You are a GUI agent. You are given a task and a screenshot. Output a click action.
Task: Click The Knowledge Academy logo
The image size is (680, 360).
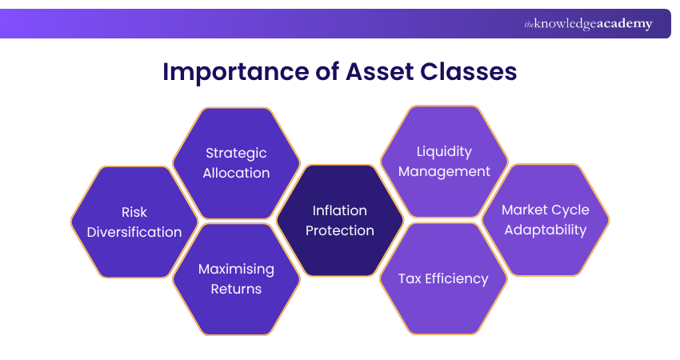coord(588,24)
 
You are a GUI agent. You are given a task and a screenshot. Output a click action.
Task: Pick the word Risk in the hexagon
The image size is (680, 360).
coord(134,212)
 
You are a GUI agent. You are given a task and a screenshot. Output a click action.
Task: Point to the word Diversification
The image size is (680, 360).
coord(134,232)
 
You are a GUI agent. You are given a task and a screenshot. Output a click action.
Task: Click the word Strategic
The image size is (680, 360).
coord(236,153)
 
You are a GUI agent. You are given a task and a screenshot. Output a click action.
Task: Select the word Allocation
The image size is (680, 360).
coord(236,173)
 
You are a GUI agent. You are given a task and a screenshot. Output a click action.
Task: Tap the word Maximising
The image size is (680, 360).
coord(236,269)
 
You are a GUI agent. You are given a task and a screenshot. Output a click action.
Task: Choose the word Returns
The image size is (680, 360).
coord(236,289)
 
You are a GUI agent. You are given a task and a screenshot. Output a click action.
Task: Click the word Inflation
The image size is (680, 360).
coord(340,210)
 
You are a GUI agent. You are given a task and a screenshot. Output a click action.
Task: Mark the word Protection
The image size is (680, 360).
coord(340,230)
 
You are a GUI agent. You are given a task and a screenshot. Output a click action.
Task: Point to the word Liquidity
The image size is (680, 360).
coord(444,151)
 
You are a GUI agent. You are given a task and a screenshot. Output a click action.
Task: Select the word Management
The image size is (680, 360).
coord(444,171)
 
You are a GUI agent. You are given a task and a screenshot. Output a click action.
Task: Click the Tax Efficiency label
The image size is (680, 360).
coord(443,278)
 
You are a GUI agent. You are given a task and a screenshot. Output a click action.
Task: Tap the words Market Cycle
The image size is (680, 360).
coord(546,210)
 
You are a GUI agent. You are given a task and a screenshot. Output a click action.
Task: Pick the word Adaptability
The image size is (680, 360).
coord(546,230)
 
